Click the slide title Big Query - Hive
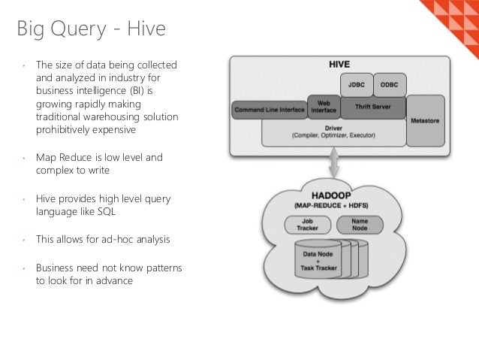[91, 31]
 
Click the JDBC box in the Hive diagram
[357, 84]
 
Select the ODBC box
[389, 84]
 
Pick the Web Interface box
[324, 106]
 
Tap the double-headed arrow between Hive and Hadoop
[333, 165]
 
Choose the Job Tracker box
[304, 225]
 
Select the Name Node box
[360, 225]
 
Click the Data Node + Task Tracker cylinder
[319, 260]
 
